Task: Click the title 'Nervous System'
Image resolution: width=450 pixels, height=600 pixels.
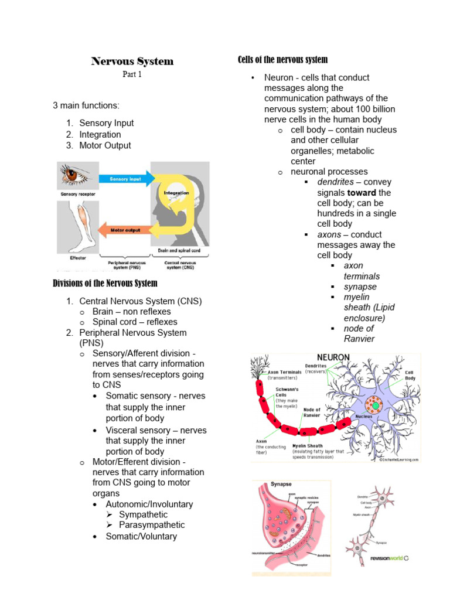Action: [x=132, y=62]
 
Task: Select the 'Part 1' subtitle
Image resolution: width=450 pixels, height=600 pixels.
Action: [x=132, y=74]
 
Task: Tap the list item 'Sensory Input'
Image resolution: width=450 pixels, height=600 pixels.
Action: [x=106, y=123]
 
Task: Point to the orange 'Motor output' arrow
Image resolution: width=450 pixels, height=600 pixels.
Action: [x=124, y=230]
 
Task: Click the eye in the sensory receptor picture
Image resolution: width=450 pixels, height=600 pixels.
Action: [x=74, y=174]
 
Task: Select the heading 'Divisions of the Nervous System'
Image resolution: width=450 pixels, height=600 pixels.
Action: [x=105, y=284]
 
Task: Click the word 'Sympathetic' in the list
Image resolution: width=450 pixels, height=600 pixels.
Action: [x=143, y=514]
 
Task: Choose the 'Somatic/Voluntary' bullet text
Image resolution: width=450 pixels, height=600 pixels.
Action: [x=141, y=536]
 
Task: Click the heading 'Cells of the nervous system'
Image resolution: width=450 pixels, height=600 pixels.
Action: [x=282, y=60]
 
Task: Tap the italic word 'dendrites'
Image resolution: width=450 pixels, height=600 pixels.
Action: [x=335, y=182]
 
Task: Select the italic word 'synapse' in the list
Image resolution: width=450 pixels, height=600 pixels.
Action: [x=360, y=287]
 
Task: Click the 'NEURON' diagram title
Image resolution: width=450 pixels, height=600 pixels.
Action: [x=333, y=357]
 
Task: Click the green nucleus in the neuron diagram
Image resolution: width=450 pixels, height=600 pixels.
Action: [x=375, y=405]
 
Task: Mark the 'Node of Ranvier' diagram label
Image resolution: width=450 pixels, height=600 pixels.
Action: [x=312, y=412]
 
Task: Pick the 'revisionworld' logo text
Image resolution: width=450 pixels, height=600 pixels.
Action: [x=385, y=558]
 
